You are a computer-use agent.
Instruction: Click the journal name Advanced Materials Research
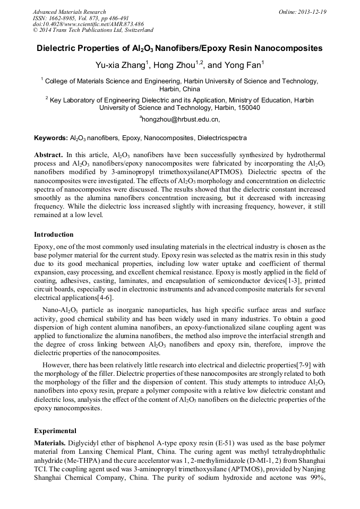coord(69,12)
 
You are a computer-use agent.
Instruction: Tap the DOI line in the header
coord(88,24)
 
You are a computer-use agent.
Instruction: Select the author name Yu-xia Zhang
coord(120,65)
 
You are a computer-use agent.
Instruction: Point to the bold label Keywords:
coord(51,138)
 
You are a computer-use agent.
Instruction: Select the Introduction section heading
coord(54,234)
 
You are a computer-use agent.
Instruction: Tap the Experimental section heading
coord(55,430)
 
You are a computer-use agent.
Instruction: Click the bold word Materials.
coord(50,443)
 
